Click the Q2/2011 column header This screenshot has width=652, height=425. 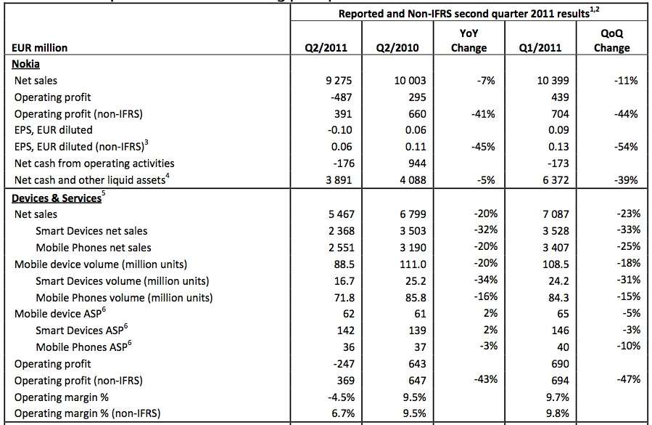coord(326,48)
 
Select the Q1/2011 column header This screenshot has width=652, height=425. coord(540,48)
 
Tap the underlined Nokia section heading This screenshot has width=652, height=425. coord(26,64)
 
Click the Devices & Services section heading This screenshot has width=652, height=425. coord(57,198)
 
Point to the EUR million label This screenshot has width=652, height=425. coord(39,48)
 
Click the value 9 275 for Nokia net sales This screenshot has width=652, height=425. coord(339,81)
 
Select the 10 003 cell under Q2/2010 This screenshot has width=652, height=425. coord(410,81)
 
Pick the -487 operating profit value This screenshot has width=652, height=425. coord(341,97)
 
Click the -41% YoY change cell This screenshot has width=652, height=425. coord(483,114)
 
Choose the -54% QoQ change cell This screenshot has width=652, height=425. coord(626,147)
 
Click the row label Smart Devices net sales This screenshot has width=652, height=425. coord(91,231)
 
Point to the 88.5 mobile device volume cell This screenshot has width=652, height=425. coord(344,264)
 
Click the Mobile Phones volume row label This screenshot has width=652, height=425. coord(124,298)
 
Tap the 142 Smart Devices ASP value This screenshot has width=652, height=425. coord(345,331)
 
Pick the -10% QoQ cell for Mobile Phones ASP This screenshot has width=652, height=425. coord(628,346)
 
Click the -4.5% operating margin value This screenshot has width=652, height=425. coord(342,397)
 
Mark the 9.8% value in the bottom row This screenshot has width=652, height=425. coord(558,413)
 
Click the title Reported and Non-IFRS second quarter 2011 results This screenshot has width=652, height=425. coord(463,14)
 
